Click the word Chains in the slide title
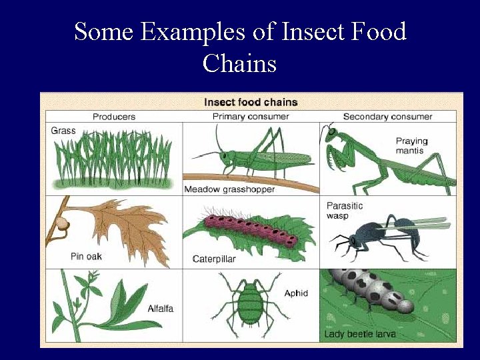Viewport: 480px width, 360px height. coord(239,63)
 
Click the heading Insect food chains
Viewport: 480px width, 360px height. coord(251,102)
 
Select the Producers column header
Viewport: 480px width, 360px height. coord(114,117)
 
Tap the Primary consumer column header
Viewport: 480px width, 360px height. coord(251,117)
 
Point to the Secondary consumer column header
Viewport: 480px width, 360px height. coord(387,117)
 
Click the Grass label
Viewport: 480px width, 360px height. coord(63,131)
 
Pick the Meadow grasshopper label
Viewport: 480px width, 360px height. coord(229,189)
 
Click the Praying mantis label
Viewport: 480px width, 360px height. coord(411,146)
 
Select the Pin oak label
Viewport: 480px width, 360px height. coord(86,256)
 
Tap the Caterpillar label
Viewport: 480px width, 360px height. coord(214,259)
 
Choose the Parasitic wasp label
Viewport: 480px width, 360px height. coord(345,211)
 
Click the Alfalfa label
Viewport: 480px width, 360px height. coord(161,308)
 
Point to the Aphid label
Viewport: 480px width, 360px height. coord(296,293)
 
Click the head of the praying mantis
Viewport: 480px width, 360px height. coord(331,134)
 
